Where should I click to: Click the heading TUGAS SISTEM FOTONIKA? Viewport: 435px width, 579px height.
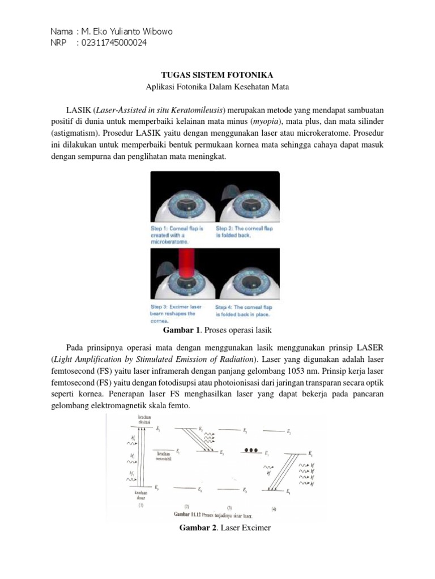click(x=217, y=75)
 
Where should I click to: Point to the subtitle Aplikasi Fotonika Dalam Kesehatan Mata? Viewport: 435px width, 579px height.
click(x=217, y=87)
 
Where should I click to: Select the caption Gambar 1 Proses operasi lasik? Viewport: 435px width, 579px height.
click(x=217, y=329)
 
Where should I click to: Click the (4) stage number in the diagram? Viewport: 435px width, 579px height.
click(x=274, y=509)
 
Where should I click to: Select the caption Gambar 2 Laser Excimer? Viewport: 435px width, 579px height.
click(x=217, y=528)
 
